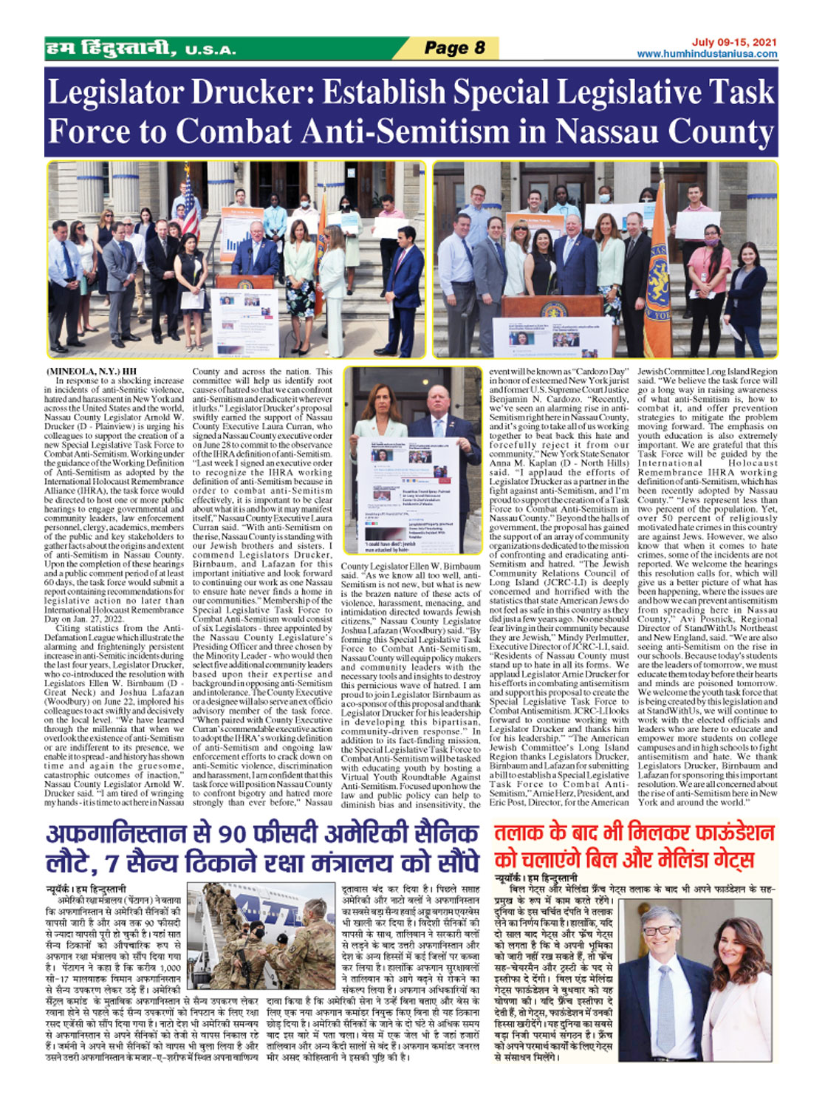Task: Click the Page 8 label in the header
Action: (454, 48)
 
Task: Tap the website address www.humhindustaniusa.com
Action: (707, 54)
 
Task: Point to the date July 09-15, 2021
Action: (734, 43)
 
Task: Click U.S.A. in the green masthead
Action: (210, 51)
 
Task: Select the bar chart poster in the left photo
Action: (242, 235)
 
